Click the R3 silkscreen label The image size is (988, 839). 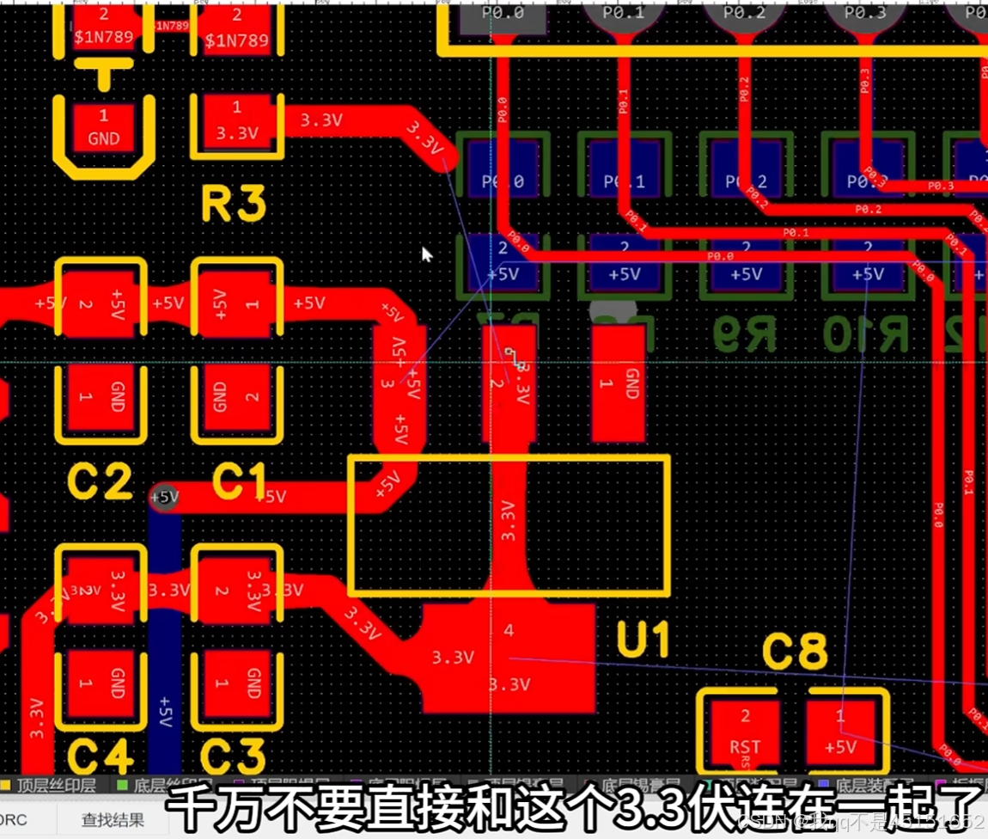coord(233,205)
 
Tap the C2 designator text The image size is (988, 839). coord(100,482)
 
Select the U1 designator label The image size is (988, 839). coord(643,640)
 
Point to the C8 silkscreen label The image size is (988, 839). coord(795,652)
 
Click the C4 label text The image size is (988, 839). coord(100,757)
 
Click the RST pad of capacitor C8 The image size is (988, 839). coord(744,732)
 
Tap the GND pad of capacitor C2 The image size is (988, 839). coord(101,396)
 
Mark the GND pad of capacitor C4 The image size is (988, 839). coord(101,683)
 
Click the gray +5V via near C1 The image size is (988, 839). coord(163,497)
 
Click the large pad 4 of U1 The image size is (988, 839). coord(509,658)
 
